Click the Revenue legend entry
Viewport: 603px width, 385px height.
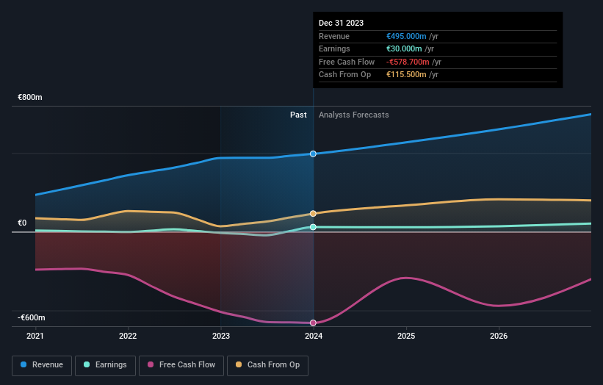[x=42, y=364]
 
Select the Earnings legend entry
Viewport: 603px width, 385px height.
[x=106, y=364]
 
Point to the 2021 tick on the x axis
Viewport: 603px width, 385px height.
[x=35, y=337]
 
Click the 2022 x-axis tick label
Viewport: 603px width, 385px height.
[x=128, y=337]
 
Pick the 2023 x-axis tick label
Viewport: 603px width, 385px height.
[x=220, y=337]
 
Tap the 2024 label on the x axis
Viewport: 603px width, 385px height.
[x=314, y=337]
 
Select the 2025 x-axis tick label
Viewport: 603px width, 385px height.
[x=406, y=337]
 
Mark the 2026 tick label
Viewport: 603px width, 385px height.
[x=499, y=337]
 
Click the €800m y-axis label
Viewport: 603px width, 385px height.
[x=30, y=97]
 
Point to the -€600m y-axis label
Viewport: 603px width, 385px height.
[x=32, y=317]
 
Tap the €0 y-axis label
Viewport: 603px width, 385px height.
[x=22, y=223]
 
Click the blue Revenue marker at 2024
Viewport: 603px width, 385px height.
[x=314, y=154]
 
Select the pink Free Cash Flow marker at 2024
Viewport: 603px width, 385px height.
[x=314, y=323]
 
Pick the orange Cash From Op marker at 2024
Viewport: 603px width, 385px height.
[x=314, y=213]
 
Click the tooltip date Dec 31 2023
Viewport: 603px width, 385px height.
[x=341, y=24]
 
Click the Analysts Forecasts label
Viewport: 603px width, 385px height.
[x=353, y=115]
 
